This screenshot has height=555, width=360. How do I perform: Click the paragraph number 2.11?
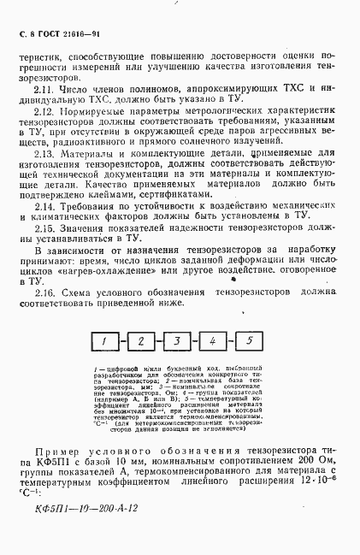tap(44, 88)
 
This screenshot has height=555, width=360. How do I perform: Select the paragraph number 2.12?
tap(45, 112)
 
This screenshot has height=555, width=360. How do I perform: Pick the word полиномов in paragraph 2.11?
tap(146, 88)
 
